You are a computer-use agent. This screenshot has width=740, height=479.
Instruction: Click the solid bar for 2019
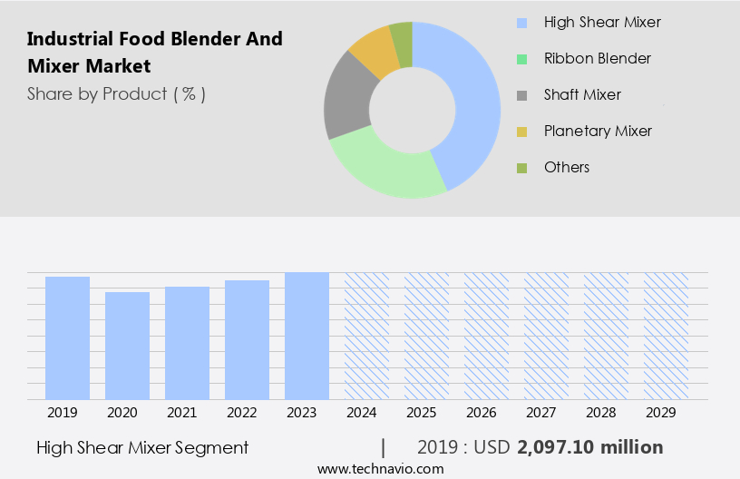click(67, 337)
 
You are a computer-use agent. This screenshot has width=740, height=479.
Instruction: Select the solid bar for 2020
click(127, 346)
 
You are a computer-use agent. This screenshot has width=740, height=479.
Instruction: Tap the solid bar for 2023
click(307, 336)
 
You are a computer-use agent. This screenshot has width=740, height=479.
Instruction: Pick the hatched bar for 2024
click(366, 336)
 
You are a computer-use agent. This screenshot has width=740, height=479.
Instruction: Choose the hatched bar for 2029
click(666, 336)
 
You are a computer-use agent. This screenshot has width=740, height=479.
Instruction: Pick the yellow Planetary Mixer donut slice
click(373, 51)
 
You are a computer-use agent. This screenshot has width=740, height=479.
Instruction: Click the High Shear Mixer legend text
click(602, 22)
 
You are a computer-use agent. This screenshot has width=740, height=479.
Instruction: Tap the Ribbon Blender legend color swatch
click(521, 59)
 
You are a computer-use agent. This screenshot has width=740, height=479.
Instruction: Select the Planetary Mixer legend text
click(598, 131)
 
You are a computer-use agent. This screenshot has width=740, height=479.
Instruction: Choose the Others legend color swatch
click(521, 168)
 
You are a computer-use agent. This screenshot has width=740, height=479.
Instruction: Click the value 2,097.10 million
click(589, 447)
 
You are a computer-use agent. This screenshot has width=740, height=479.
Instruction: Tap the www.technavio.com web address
click(380, 469)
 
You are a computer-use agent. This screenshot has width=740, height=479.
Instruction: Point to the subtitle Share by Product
click(116, 93)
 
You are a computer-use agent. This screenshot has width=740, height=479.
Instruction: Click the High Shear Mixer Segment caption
click(142, 447)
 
